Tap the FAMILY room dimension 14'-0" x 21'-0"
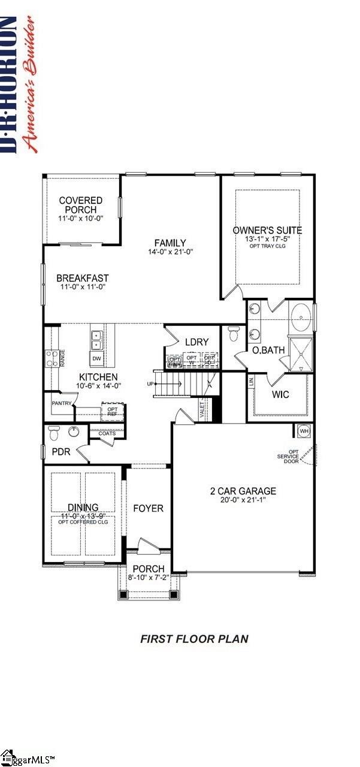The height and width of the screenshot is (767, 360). pyautogui.click(x=170, y=252)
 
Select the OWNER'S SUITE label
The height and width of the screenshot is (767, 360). pyautogui.click(x=267, y=230)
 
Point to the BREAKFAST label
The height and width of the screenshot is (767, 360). pyautogui.click(x=83, y=278)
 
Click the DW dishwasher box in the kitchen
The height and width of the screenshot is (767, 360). pyautogui.click(x=96, y=359)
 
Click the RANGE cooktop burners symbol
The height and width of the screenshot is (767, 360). pyautogui.click(x=52, y=358)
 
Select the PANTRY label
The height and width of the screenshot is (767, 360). pyautogui.click(x=62, y=403)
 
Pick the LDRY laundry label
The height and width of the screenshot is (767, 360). pyautogui.click(x=196, y=342)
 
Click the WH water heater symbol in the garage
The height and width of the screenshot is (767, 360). pyautogui.click(x=303, y=431)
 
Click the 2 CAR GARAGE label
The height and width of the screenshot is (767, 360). pyautogui.click(x=243, y=491)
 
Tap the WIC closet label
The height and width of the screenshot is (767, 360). pyautogui.click(x=280, y=395)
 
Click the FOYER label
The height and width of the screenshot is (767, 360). pyautogui.click(x=148, y=508)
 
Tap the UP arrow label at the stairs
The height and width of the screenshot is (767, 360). pyautogui.click(x=150, y=383)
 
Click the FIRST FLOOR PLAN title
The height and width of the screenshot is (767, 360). pyautogui.click(x=194, y=639)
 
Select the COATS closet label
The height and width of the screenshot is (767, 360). pyautogui.click(x=107, y=434)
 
